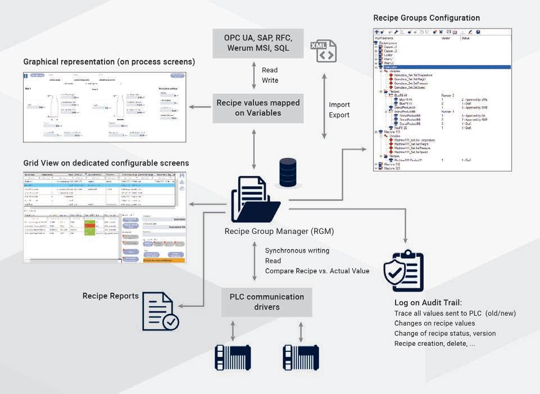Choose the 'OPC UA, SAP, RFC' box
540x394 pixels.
[258, 43]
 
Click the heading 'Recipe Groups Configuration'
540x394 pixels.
[426, 18]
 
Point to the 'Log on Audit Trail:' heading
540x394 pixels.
[429, 303]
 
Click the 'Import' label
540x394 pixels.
[339, 105]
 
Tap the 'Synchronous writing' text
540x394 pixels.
[297, 250]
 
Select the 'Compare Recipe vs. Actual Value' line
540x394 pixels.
[317, 271]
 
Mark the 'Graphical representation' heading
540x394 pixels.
[109, 61]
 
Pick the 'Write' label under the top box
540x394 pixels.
[270, 80]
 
